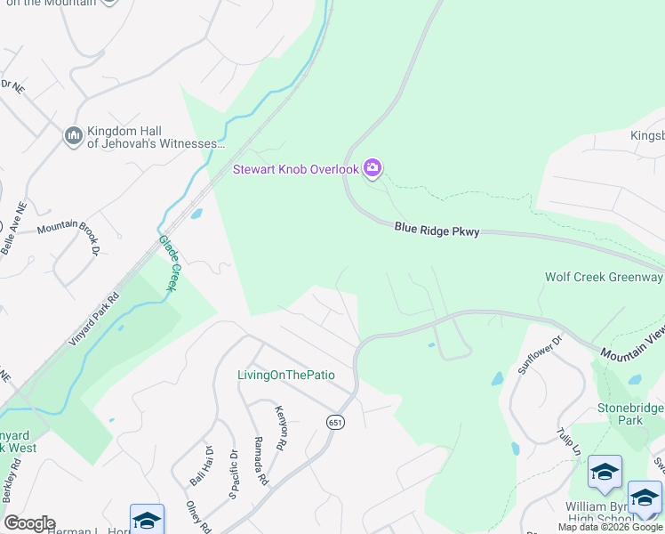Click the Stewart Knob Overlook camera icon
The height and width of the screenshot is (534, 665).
click(x=373, y=168)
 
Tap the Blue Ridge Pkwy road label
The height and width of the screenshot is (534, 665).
click(x=437, y=231)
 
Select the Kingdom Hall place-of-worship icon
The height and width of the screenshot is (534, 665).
click(x=74, y=136)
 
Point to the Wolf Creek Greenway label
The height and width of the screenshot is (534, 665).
click(x=604, y=277)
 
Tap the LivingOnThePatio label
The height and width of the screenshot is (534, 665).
click(x=285, y=375)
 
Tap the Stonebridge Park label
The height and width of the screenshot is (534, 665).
click(x=630, y=413)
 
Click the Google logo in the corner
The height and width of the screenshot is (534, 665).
click(x=29, y=523)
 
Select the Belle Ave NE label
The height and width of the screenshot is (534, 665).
click(x=12, y=230)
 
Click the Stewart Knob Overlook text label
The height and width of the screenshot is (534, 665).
click(x=295, y=169)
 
